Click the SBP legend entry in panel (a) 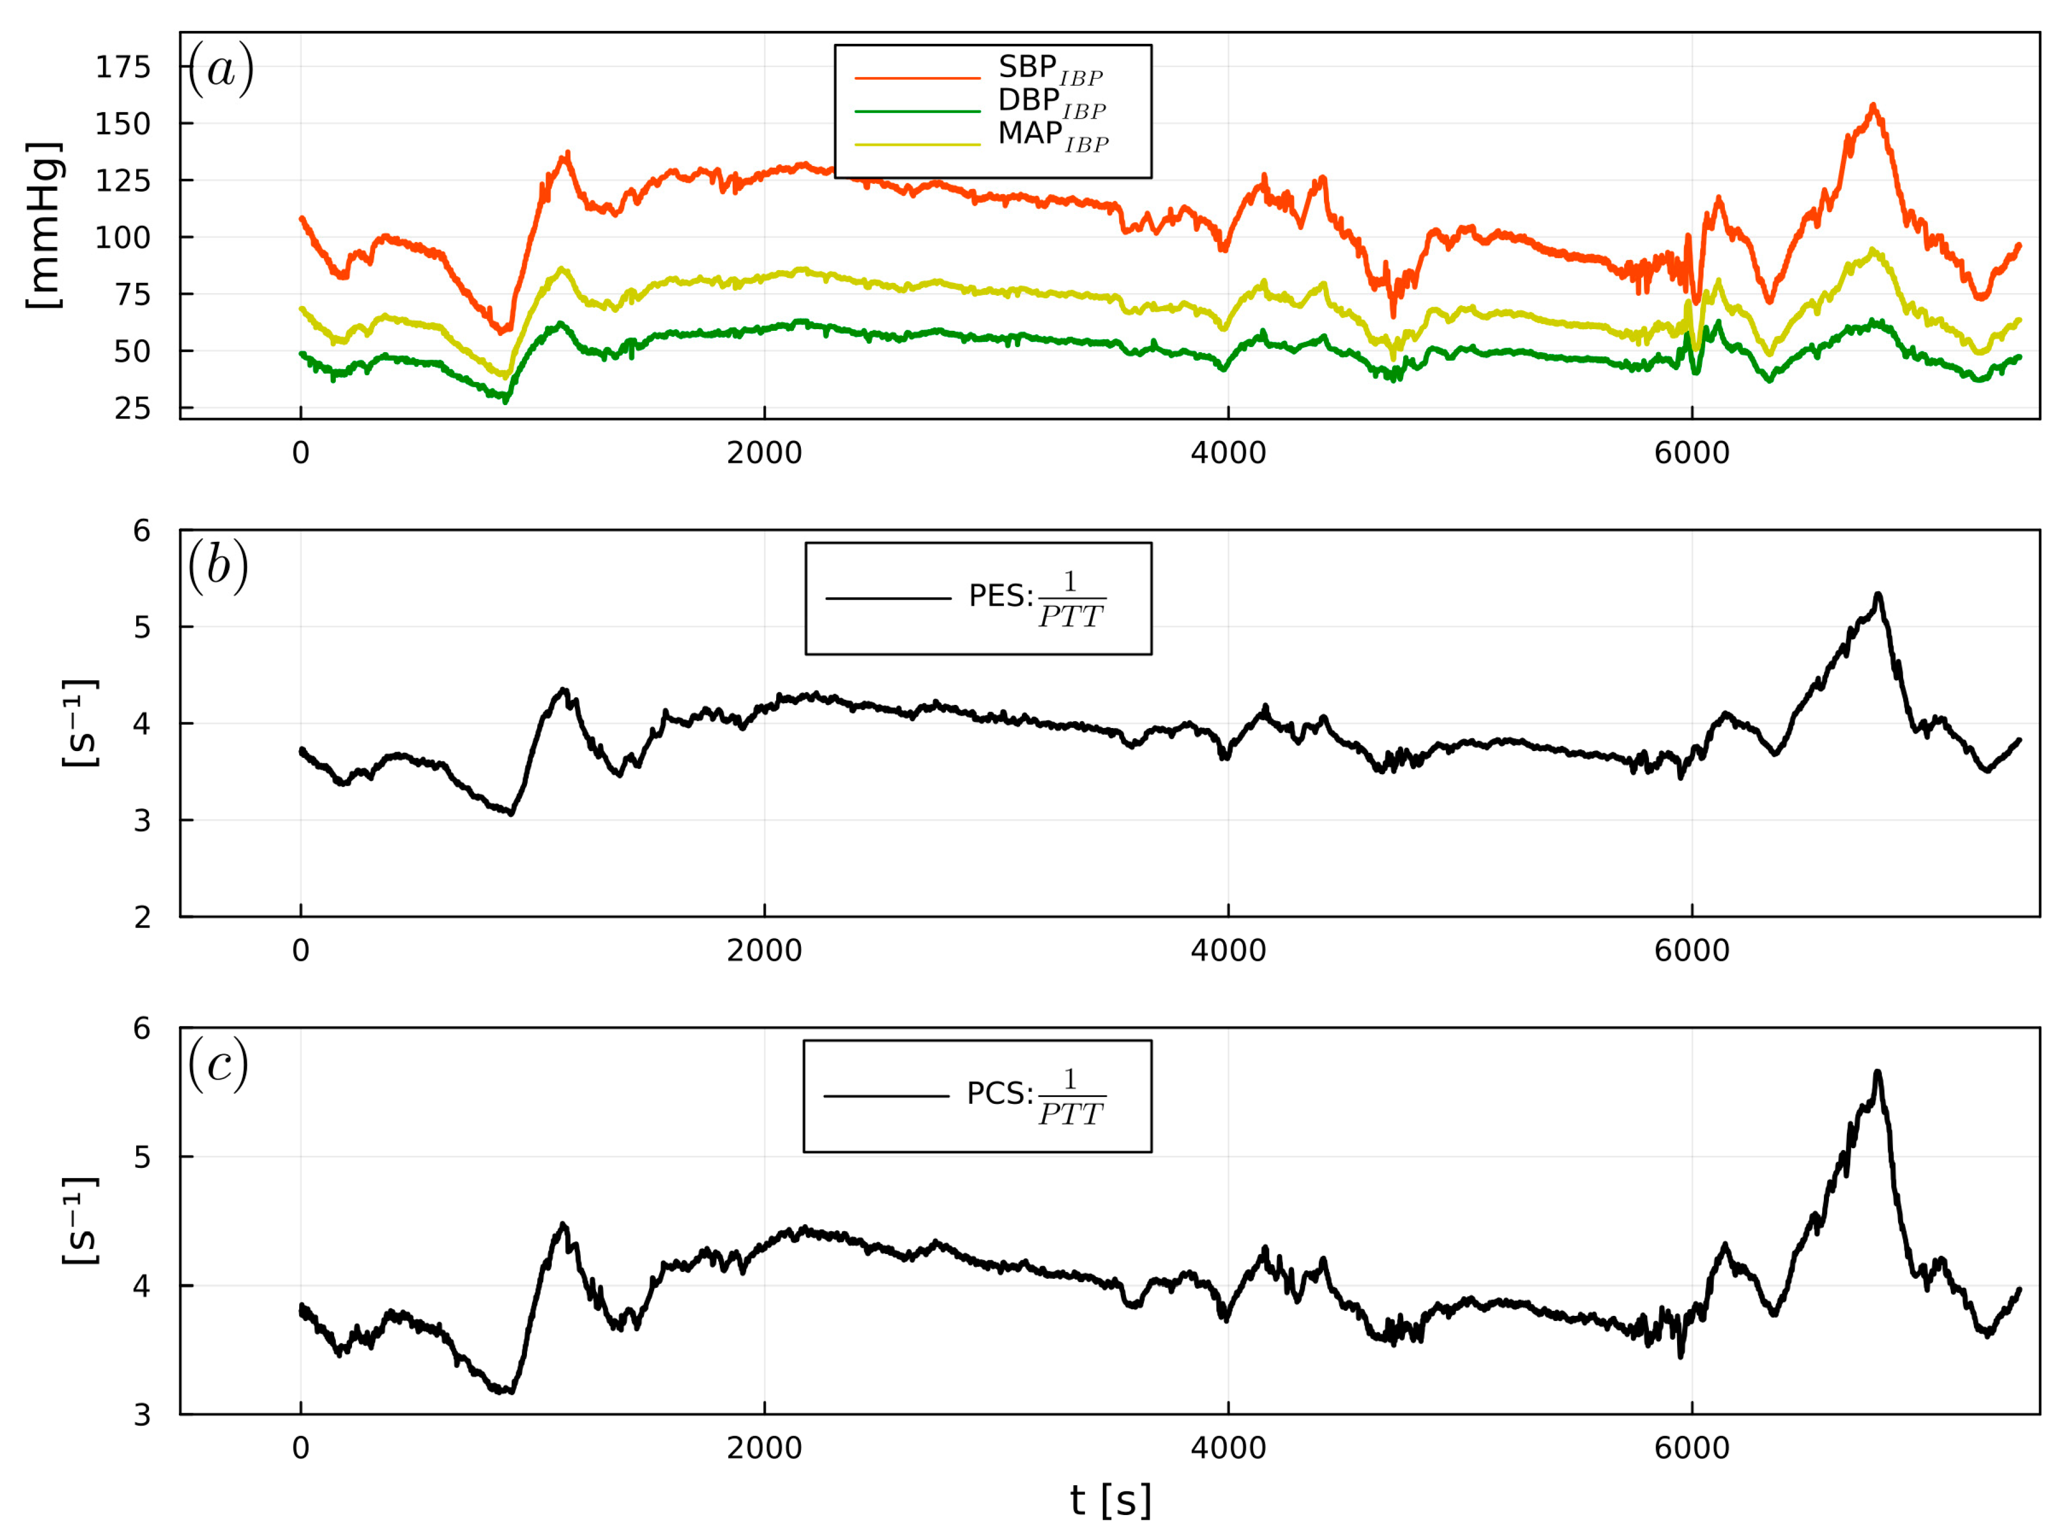coord(1049,69)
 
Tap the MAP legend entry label coord(1052,136)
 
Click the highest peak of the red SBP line coord(1872,105)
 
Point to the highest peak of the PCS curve coord(1877,1073)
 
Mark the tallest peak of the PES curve coord(1878,594)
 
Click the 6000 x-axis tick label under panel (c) coord(1691,1449)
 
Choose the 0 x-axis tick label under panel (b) coord(300,951)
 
